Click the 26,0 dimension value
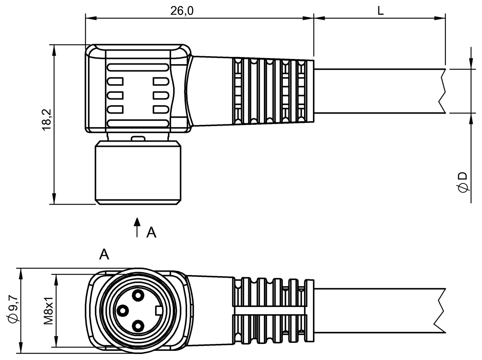click(182, 10)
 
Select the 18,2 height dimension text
click(47, 120)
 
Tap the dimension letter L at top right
click(380, 10)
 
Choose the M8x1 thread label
click(48, 311)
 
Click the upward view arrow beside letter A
click(137, 227)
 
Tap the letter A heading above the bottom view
click(104, 254)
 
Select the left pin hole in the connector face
click(123, 311)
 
